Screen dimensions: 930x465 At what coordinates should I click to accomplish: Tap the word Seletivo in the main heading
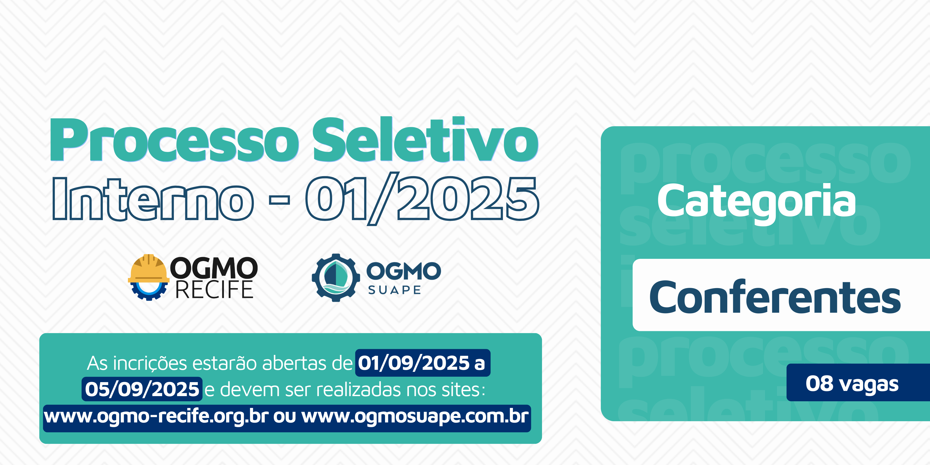[x=426, y=139]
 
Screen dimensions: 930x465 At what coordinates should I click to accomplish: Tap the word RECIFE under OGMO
[x=214, y=290]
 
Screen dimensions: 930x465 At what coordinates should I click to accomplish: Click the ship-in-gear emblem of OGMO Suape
[x=336, y=277]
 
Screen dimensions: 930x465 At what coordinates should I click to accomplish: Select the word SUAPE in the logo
[x=394, y=290]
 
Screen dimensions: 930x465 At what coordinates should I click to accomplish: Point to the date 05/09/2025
[x=142, y=389]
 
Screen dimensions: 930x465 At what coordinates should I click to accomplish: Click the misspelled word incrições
[x=151, y=364]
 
